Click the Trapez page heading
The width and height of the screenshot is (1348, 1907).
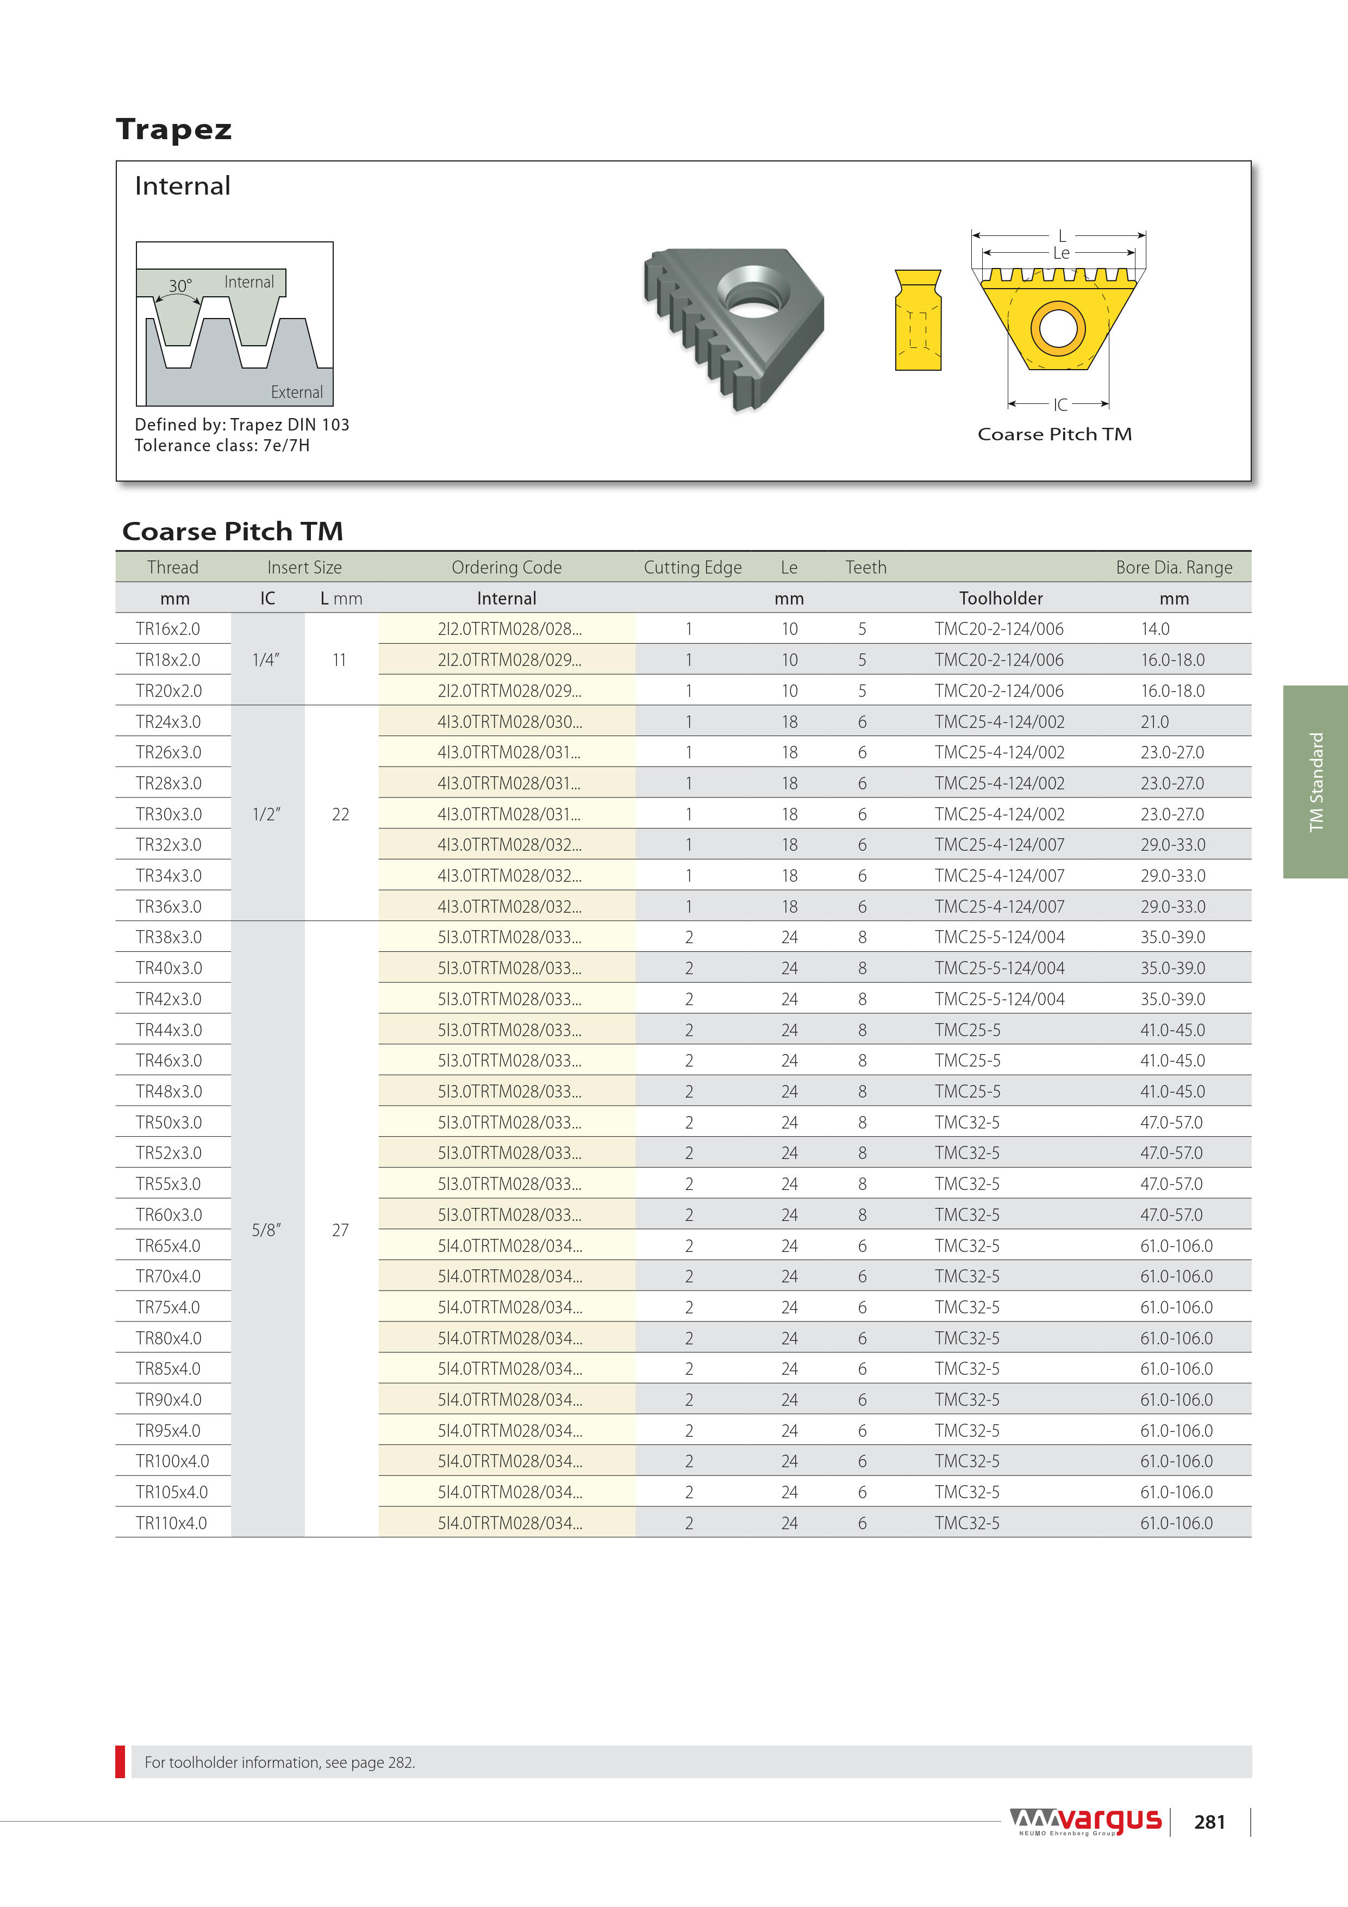click(173, 129)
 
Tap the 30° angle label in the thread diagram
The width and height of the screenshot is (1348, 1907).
click(180, 286)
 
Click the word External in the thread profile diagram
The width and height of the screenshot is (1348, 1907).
click(297, 392)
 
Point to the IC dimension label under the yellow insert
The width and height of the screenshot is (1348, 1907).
click(1060, 404)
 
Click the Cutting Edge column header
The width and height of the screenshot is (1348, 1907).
click(692, 568)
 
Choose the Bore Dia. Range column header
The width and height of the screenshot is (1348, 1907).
click(1174, 568)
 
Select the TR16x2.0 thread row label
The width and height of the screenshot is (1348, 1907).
click(168, 629)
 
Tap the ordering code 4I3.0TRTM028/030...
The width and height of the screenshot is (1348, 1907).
click(509, 722)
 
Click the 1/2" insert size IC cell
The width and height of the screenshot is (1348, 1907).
click(266, 814)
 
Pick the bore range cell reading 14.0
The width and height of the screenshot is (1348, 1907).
click(1154, 629)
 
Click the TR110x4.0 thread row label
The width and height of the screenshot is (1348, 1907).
click(171, 1523)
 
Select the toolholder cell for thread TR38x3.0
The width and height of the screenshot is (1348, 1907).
click(999, 937)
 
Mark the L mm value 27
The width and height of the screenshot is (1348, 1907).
click(340, 1230)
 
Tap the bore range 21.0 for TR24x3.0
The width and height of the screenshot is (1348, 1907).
click(1154, 722)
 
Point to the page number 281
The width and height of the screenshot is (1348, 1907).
click(1209, 1822)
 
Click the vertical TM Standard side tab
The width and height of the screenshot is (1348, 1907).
click(1315, 782)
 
